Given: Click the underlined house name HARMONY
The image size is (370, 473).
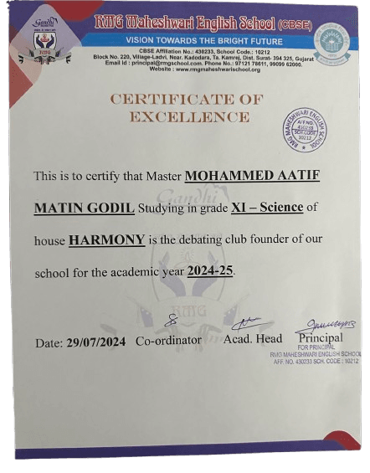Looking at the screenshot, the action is click(106, 240).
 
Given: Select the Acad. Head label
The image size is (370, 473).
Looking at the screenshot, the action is click(253, 338).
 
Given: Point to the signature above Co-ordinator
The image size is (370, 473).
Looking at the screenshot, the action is click(170, 321).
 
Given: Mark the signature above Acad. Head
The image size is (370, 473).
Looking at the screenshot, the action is click(247, 322).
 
